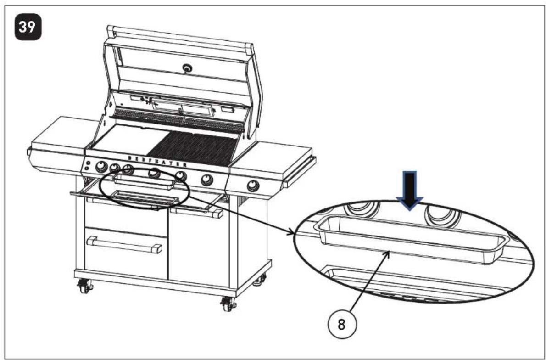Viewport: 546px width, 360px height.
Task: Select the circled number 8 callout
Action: click(x=342, y=325)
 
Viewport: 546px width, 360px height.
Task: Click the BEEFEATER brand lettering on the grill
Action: click(x=157, y=161)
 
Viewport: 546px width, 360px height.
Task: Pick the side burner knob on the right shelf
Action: click(x=253, y=186)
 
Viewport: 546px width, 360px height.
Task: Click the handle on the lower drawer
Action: click(x=125, y=244)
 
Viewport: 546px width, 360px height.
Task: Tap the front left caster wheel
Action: click(x=84, y=287)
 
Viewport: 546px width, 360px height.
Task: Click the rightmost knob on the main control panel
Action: click(x=207, y=180)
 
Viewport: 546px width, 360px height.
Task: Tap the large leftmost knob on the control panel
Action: click(x=101, y=167)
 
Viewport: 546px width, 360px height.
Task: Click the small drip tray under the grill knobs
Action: click(x=144, y=181)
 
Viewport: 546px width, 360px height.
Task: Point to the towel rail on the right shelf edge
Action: click(x=300, y=171)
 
